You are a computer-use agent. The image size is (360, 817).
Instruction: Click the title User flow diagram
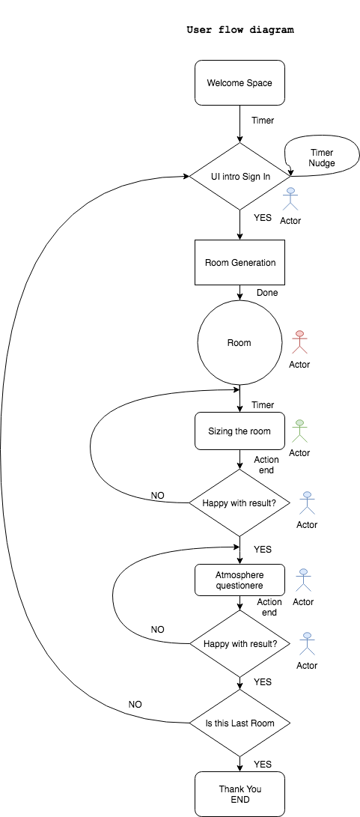tap(240, 31)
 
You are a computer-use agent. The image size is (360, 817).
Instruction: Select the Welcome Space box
tap(240, 82)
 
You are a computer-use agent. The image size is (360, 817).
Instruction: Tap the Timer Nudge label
tap(322, 157)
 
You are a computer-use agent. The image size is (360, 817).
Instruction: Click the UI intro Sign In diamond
tap(240, 177)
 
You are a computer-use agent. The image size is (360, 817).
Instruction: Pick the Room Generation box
tap(240, 262)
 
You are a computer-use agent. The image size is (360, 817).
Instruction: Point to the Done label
tap(266, 293)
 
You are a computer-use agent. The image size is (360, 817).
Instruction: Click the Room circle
tap(240, 343)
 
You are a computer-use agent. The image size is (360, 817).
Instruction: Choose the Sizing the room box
tap(240, 431)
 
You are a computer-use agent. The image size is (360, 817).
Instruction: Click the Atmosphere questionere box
tap(240, 580)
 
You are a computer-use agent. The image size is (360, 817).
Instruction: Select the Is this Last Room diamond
tap(240, 723)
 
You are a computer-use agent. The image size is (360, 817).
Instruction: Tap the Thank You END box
tap(240, 794)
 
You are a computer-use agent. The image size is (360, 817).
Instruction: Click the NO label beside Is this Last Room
tap(135, 704)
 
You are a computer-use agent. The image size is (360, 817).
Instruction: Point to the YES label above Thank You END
tap(263, 764)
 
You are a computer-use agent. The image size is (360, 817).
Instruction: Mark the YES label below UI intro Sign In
tap(263, 218)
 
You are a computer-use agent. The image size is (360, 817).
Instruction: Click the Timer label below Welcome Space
tap(263, 120)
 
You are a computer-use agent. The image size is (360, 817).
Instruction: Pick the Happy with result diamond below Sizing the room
tap(240, 502)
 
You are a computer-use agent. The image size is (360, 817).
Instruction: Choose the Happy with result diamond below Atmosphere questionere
tap(240, 643)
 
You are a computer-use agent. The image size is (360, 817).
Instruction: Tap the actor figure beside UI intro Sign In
tap(290, 200)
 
